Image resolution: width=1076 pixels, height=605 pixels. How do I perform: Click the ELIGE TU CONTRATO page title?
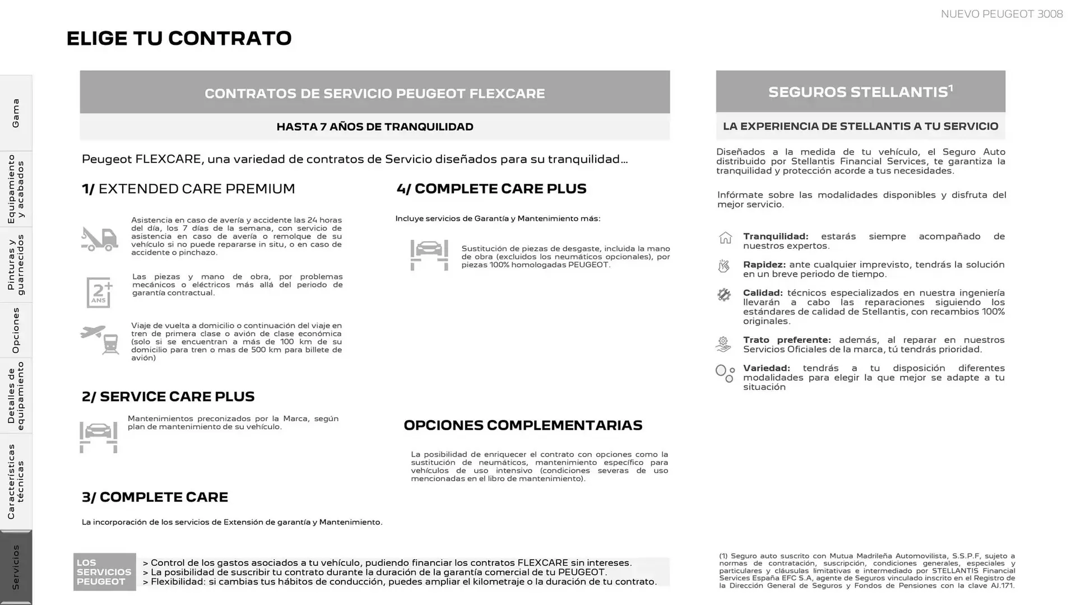pos(179,38)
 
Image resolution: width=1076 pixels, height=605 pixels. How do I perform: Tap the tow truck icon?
pos(99,239)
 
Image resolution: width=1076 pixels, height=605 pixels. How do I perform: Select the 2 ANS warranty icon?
pos(100,292)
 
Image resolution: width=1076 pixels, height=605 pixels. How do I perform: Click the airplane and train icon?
pos(100,339)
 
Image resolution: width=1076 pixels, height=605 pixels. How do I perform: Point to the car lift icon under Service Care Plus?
pos(99,437)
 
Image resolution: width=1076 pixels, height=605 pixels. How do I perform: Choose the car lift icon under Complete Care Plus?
pos(429,255)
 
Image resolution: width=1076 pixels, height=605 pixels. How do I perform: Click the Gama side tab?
pos(16,113)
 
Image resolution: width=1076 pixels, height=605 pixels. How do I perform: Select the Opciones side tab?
pos(16,331)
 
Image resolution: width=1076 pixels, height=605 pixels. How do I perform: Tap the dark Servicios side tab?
pos(16,567)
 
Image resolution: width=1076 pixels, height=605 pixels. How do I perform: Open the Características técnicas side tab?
pos(16,482)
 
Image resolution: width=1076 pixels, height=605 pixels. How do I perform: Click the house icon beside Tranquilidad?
pos(725,238)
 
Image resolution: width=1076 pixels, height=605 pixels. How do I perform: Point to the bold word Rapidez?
pos(764,264)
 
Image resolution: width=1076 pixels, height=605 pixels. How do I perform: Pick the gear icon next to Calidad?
pos(724,295)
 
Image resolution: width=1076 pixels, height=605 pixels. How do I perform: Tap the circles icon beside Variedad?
pos(725,373)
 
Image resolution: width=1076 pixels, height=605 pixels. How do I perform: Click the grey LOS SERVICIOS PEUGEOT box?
pos(104,572)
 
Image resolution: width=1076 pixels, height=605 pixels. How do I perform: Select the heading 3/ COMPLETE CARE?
pos(155,497)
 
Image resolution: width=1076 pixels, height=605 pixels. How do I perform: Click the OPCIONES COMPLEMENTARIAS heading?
pos(523,425)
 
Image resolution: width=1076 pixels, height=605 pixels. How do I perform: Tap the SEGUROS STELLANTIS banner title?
pos(860,92)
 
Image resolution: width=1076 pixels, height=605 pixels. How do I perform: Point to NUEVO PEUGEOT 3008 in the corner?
pos(1001,14)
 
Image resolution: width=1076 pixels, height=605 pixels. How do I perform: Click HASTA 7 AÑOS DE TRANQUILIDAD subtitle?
pos(374,127)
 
